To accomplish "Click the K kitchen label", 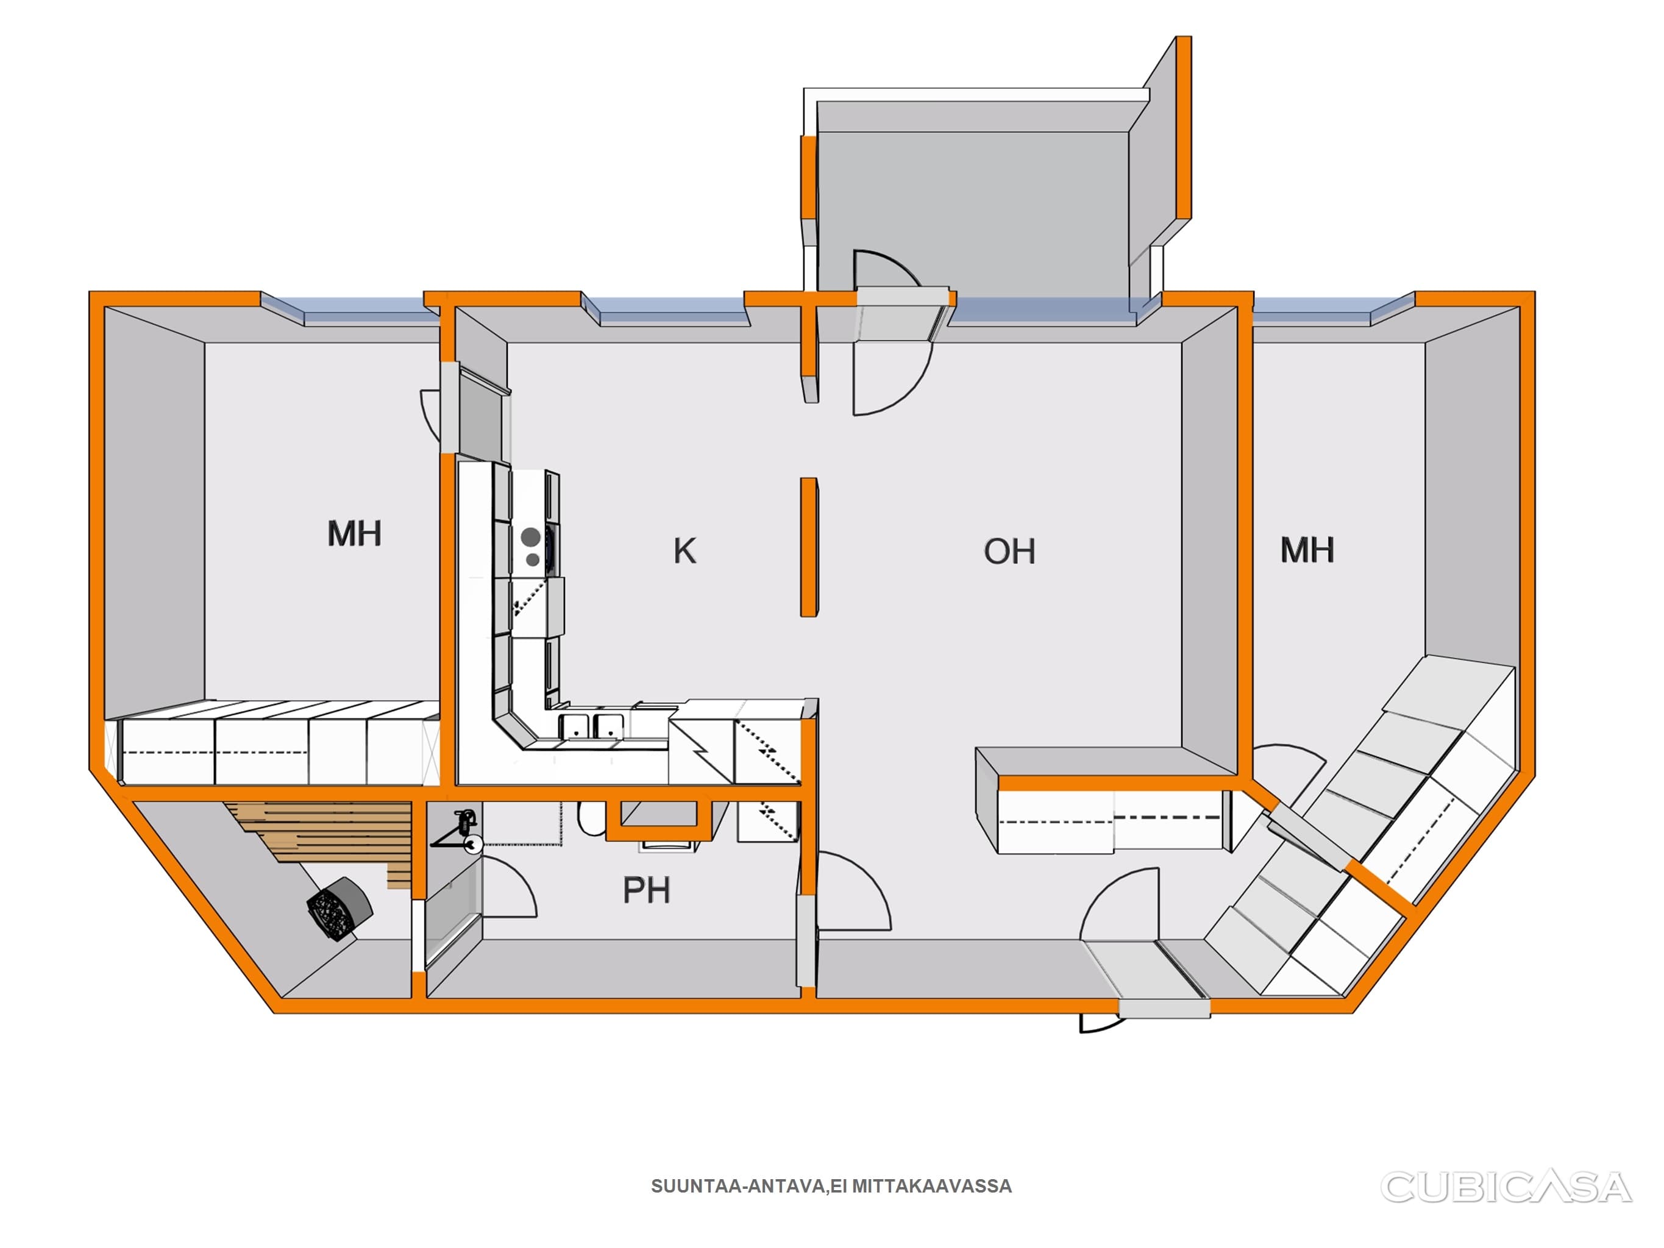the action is coord(684,551).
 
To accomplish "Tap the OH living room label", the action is coord(1009,551).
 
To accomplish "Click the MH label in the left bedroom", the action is coord(354,533).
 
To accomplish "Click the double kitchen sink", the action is coord(591,726).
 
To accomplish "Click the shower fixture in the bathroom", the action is coord(463,831).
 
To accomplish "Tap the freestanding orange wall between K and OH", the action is coord(809,547).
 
